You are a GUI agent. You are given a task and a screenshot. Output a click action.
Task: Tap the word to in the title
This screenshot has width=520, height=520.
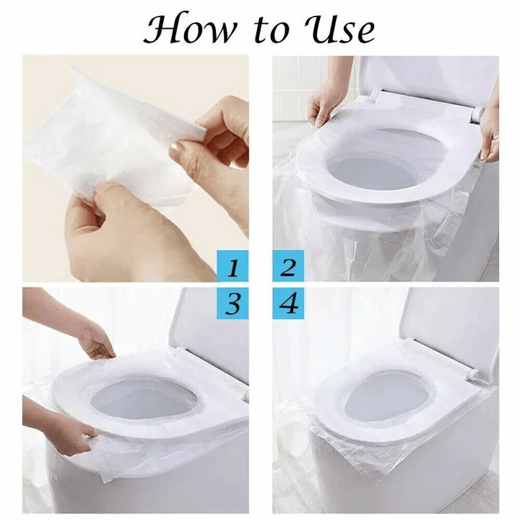pyautogui.click(x=268, y=30)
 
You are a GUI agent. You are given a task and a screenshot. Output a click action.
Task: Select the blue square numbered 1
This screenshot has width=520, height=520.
pyautogui.click(x=233, y=267)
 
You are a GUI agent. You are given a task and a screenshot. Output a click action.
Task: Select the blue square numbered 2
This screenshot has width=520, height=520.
pyautogui.click(x=288, y=267)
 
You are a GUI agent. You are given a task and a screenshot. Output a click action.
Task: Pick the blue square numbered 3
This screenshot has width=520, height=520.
pyautogui.click(x=233, y=303)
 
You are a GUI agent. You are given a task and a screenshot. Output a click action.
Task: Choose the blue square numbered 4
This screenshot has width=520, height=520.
pyautogui.click(x=288, y=303)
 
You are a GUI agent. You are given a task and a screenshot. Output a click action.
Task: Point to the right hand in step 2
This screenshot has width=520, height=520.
pyautogui.click(x=490, y=134)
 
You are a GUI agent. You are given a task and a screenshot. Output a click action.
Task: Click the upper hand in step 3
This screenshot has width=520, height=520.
pyautogui.click(x=97, y=339)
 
